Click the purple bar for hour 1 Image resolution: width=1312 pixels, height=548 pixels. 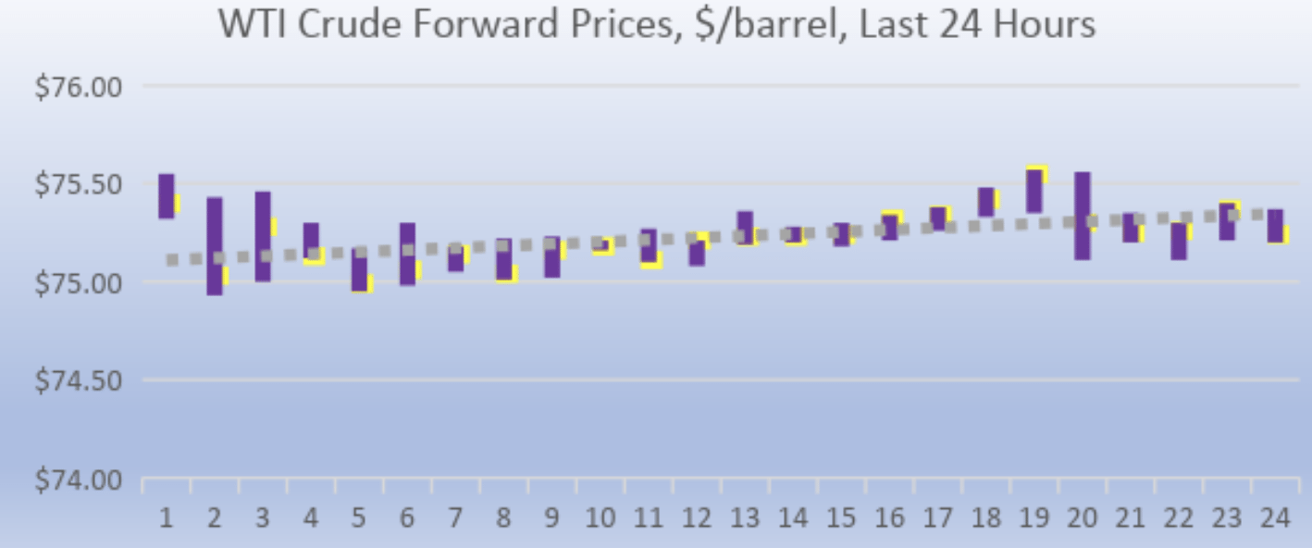(167, 195)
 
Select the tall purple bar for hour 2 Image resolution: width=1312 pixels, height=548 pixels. (215, 245)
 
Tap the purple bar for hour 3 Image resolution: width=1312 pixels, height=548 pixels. (263, 236)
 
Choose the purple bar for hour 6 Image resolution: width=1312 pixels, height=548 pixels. (407, 253)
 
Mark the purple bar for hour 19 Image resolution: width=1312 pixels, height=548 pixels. (1034, 192)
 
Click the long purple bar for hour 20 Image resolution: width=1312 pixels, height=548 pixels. (1083, 215)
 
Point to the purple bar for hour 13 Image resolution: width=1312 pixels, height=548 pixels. (745, 227)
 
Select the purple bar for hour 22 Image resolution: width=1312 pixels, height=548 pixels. (1179, 241)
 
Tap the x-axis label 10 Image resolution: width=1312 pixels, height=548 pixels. (600, 517)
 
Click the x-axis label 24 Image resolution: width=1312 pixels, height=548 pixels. (1275, 517)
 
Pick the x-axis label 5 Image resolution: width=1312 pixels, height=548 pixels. (359, 517)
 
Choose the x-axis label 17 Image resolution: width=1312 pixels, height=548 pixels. (938, 517)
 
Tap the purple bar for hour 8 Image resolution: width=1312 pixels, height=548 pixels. (503, 258)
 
